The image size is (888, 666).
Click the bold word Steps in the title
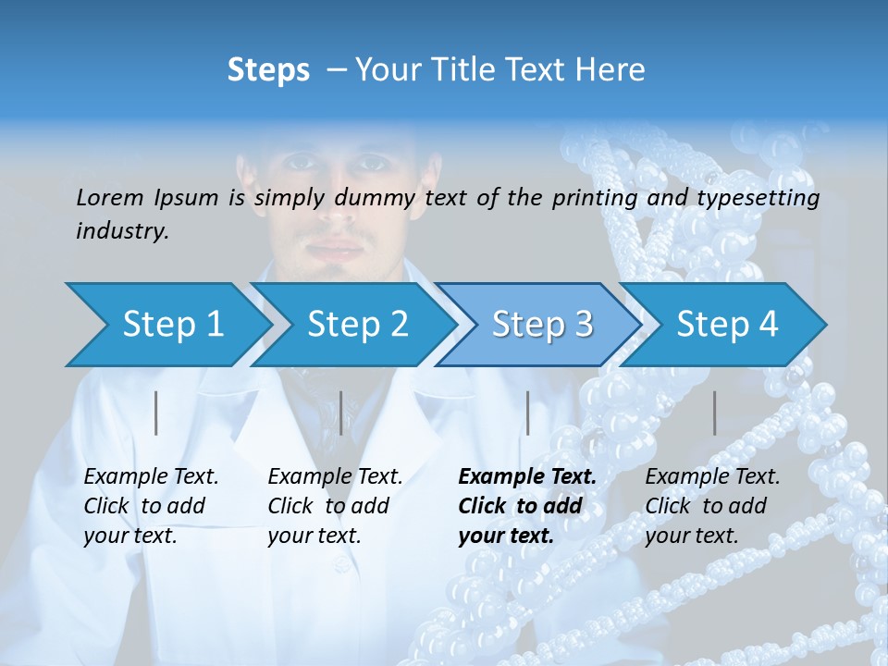point(268,70)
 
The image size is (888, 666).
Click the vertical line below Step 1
point(156,413)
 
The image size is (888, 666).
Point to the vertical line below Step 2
point(341,413)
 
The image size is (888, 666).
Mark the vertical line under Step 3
point(527,413)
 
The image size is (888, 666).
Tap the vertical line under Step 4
point(714,413)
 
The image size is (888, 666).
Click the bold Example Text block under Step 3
point(527,506)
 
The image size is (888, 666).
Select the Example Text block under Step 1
point(151,506)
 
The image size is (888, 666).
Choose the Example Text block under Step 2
point(335,506)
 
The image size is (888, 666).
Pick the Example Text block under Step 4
point(712,506)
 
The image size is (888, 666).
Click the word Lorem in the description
point(110,198)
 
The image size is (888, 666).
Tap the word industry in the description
point(121,231)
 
